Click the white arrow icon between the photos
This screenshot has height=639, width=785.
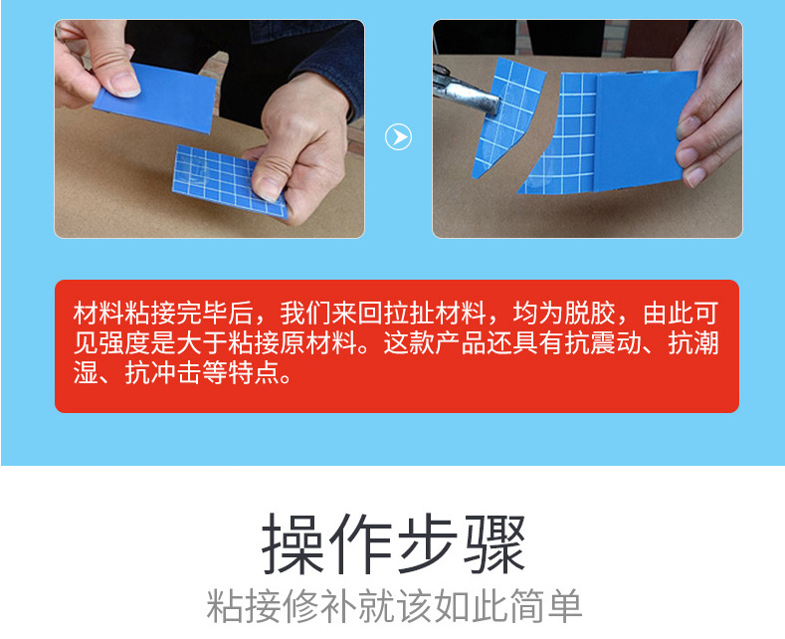point(399,136)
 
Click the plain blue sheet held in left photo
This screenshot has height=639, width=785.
point(155,98)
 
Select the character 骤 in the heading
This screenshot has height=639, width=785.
point(493,543)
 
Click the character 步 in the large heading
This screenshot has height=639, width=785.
point(427,543)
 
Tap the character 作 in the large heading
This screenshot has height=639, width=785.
point(360,543)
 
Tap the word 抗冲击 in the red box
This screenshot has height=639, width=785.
point(164,372)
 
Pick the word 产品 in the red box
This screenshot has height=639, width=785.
point(461,343)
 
